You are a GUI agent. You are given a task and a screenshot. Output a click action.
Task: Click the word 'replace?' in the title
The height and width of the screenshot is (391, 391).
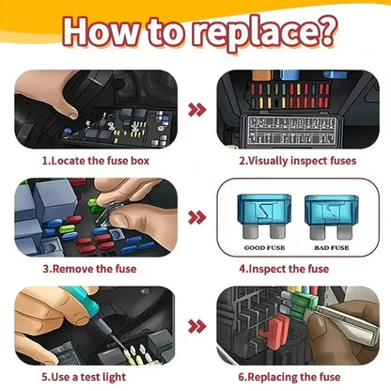[265, 32]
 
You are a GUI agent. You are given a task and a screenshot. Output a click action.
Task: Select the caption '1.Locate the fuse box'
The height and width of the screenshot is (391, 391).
[96, 161]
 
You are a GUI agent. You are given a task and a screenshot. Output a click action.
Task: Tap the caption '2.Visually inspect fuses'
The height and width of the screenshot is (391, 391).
[298, 161]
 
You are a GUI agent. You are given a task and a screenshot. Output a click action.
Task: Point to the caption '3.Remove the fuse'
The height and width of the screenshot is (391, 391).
[89, 269]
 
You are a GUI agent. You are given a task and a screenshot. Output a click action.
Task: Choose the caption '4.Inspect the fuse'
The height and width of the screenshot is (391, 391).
[284, 269]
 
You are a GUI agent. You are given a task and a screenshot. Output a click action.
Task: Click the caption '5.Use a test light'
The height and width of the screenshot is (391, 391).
[84, 377]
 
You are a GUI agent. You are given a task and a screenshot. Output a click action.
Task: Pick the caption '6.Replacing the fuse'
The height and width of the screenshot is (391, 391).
[289, 377]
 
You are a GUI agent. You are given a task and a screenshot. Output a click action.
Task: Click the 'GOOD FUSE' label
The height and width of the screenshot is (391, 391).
[265, 247]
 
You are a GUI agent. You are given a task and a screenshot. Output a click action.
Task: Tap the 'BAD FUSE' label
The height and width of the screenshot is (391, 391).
[332, 247]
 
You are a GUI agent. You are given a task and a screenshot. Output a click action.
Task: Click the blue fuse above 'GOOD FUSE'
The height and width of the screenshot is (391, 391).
[264, 215]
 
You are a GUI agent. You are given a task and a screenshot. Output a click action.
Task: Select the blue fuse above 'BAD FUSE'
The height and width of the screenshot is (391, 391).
[332, 217]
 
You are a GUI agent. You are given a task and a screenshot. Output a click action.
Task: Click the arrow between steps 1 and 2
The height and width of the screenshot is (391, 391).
[197, 110]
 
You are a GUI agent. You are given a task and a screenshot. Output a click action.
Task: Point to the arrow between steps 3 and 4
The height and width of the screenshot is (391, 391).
[197, 218]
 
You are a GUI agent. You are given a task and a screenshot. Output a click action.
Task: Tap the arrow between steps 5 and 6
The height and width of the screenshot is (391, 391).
[197, 326]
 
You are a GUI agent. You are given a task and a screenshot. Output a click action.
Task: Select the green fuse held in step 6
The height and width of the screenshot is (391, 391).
[303, 303]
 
